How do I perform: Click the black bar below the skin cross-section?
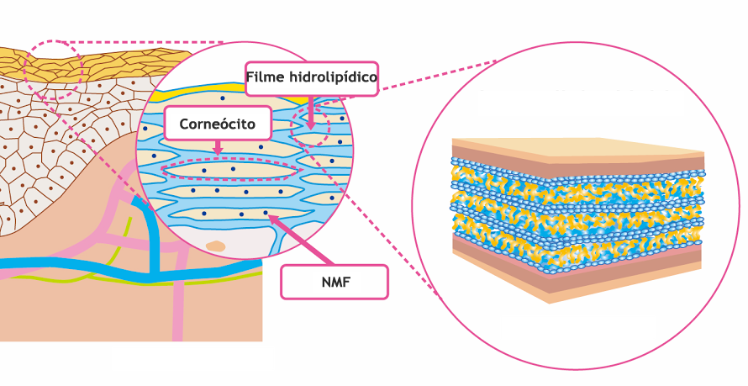[x=192, y=359]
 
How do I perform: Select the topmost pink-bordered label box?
[x=312, y=78]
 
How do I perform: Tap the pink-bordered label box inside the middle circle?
[x=218, y=123]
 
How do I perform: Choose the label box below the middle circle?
[x=334, y=282]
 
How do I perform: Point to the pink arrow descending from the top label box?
[x=311, y=112]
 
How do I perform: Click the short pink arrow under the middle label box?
[x=218, y=148]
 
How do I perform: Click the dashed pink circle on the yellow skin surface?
[x=52, y=69]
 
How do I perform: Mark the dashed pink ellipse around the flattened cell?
[x=229, y=171]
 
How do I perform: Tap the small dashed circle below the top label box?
[x=310, y=127]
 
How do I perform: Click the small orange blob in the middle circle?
[x=215, y=246]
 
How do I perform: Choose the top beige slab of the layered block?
[x=580, y=146]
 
